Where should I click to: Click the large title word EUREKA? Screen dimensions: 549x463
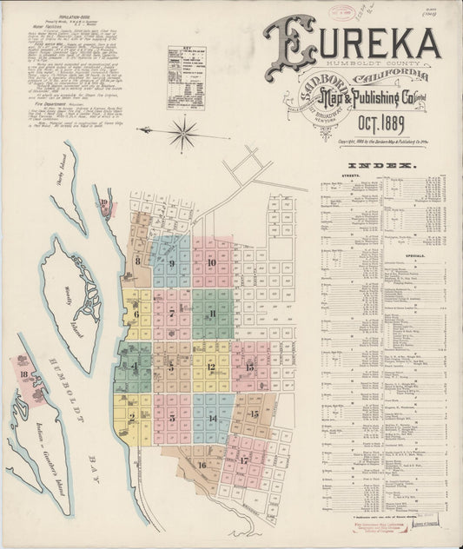coord(353,43)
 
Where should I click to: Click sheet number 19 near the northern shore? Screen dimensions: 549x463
coord(105,204)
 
